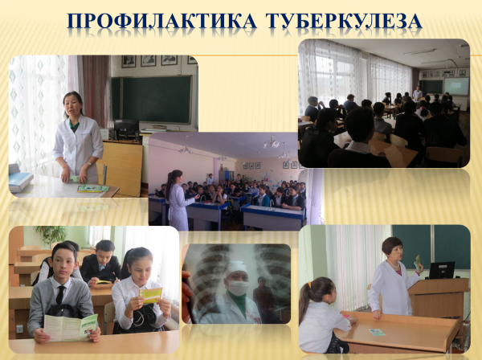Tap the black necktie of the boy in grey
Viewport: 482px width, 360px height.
point(60,295)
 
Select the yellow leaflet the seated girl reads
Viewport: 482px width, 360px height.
point(150,295)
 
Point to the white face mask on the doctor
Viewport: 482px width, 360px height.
point(239,288)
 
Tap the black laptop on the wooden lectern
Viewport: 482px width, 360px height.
point(442,270)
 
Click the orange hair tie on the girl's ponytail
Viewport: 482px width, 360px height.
point(309,284)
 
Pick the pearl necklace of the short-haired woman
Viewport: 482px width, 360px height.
point(394,264)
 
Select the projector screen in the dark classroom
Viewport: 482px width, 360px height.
point(456,86)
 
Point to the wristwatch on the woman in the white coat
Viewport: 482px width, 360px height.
point(89,164)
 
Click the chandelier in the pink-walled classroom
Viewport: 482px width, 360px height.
point(272,142)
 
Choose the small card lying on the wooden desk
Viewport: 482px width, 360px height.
point(377,332)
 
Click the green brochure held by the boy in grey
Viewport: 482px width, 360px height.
point(71,328)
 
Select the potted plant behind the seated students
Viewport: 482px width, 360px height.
point(51,235)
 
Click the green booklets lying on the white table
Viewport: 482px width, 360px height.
point(93,189)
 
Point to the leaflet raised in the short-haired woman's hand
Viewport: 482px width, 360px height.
point(417,263)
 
